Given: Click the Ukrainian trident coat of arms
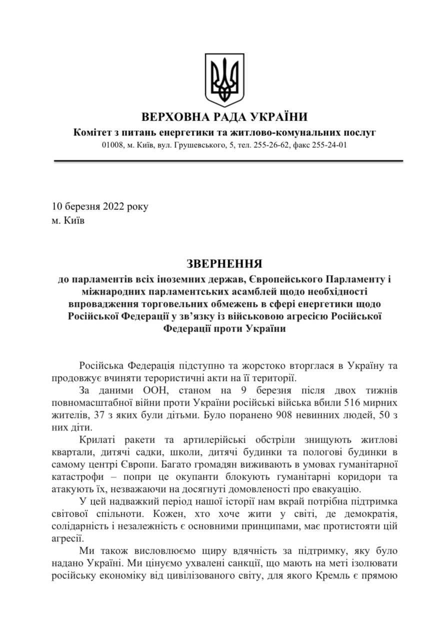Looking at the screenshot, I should (x=224, y=80).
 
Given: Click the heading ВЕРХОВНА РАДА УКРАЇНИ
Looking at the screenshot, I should (x=224, y=118).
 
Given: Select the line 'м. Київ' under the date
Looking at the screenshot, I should (x=68, y=220).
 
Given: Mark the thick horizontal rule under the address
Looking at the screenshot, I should (x=228, y=161).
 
